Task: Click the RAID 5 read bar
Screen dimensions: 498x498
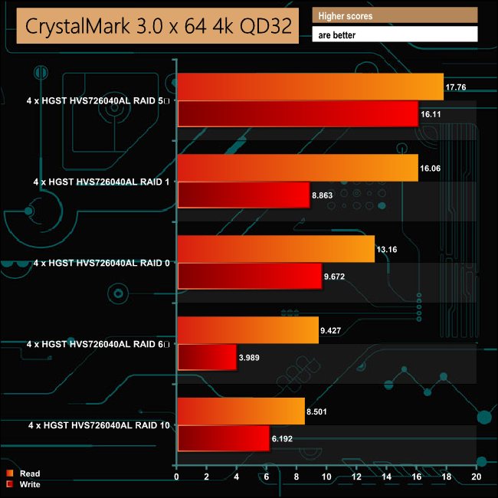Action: [x=310, y=87]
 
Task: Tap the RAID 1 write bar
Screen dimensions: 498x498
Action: [x=243, y=195]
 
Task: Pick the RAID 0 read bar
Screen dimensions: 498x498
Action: [x=276, y=249]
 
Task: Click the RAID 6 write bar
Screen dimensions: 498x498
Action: [x=207, y=357]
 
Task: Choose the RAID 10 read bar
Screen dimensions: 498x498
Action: [x=241, y=411]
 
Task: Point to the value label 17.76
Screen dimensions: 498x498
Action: [x=457, y=87]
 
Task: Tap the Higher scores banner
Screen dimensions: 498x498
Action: [x=395, y=15]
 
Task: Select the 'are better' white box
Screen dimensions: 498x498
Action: [x=395, y=34]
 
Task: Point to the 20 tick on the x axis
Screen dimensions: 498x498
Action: [x=476, y=477]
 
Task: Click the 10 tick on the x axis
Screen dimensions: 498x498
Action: [x=326, y=477]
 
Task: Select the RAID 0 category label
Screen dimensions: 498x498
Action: [x=103, y=263]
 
